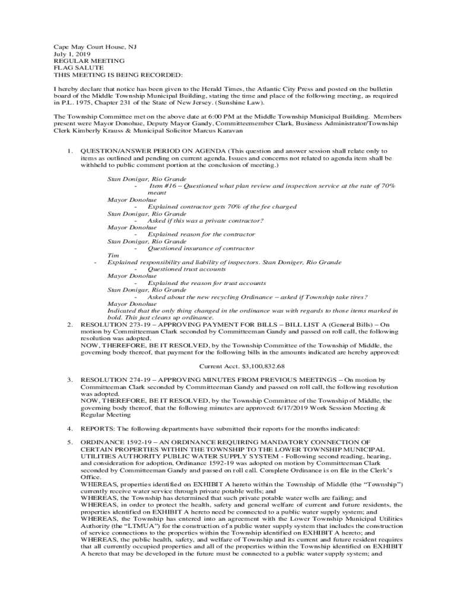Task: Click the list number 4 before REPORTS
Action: pyautogui.click(x=70, y=428)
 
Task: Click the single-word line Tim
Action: pyautogui.click(x=112, y=255)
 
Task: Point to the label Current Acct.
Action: pyautogui.click(x=218, y=366)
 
